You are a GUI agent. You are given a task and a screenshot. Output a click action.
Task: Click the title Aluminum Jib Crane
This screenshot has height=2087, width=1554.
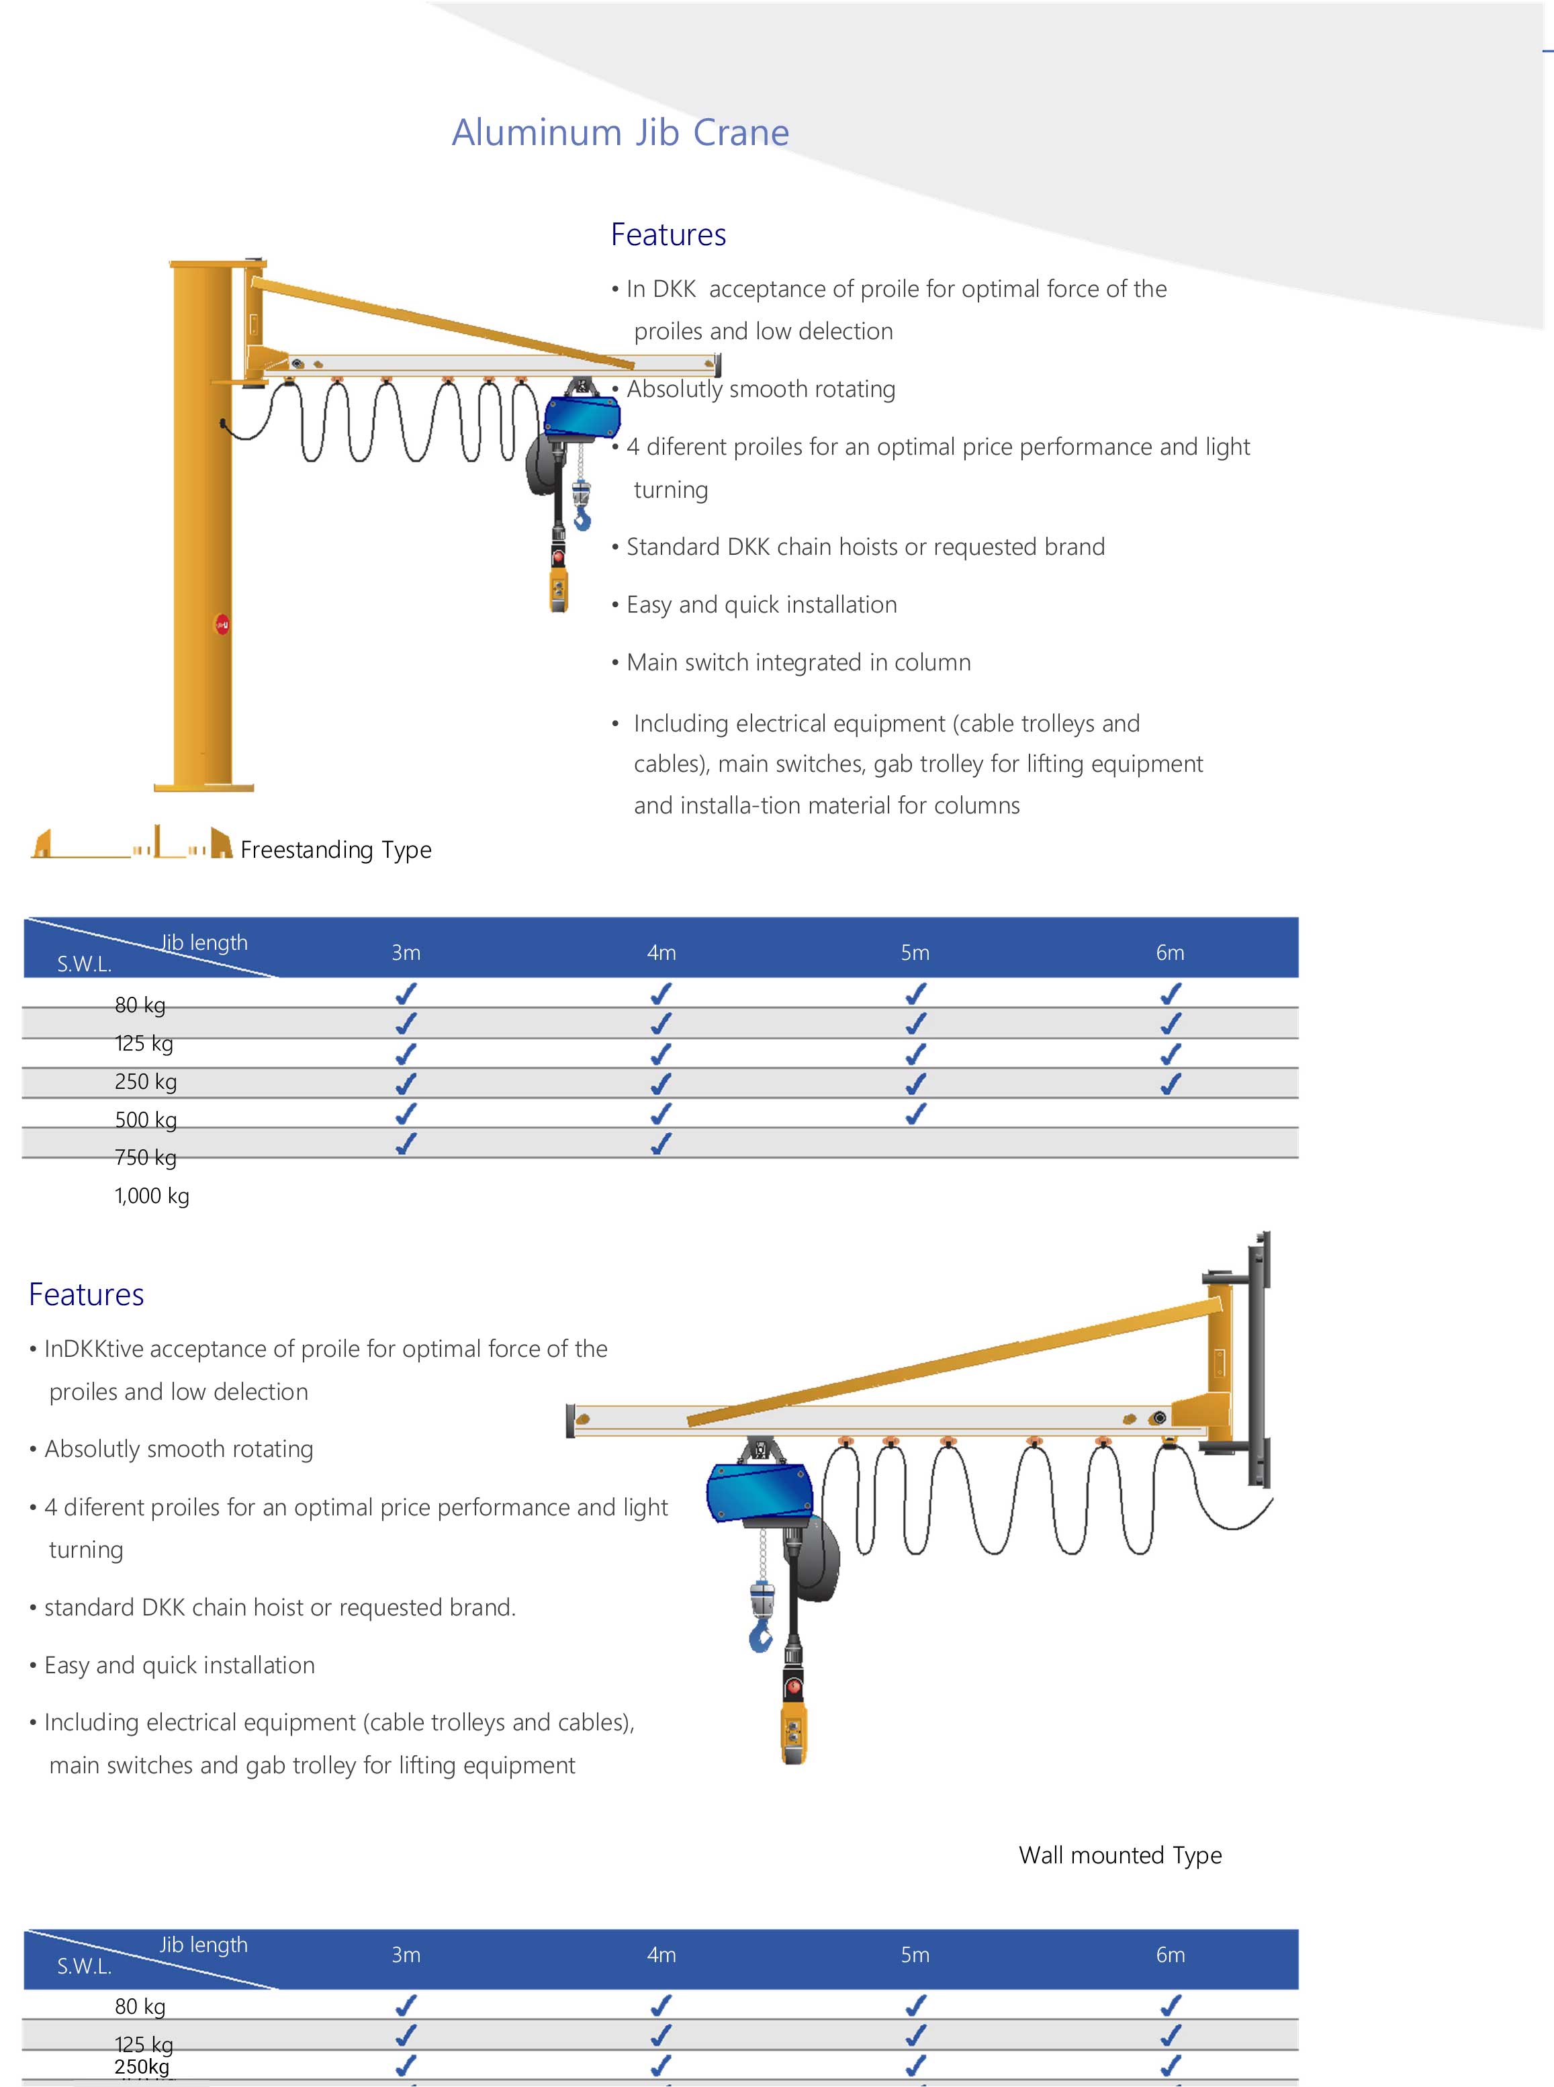click(x=620, y=133)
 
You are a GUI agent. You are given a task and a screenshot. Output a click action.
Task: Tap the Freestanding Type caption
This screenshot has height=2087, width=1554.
click(x=336, y=850)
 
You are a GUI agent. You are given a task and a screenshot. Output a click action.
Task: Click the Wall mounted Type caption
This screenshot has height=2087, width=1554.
click(x=1119, y=1855)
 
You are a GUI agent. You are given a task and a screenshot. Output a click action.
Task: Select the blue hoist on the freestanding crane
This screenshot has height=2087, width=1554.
click(x=582, y=416)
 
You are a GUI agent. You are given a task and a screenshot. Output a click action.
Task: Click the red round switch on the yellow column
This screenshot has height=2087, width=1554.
click(x=222, y=624)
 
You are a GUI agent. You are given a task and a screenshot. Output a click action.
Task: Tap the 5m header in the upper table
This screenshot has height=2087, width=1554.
click(x=915, y=952)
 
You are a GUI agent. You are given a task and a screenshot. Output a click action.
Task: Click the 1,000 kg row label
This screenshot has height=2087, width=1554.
click(x=152, y=1196)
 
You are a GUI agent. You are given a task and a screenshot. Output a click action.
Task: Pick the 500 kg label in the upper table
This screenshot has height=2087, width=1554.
click(x=146, y=1120)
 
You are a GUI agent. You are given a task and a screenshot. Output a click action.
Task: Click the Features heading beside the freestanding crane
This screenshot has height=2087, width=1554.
click(x=668, y=234)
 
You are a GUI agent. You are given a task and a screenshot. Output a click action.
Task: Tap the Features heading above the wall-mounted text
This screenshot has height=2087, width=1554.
click(x=87, y=1295)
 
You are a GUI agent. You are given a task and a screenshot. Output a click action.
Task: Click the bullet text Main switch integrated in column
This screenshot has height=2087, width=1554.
click(x=798, y=662)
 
